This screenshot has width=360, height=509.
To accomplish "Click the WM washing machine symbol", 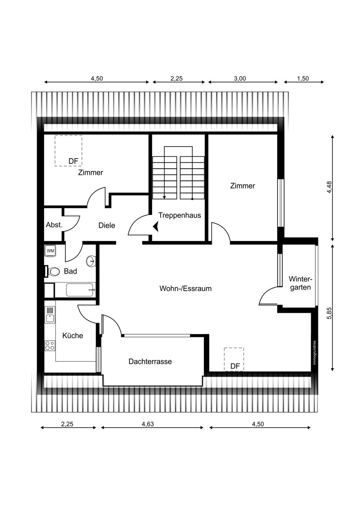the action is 50,251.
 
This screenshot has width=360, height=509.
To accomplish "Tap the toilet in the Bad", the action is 53,271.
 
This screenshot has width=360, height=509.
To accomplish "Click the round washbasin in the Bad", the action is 91,261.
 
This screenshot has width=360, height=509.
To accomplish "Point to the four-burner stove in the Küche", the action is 50,346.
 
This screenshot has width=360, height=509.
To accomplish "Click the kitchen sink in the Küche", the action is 50,315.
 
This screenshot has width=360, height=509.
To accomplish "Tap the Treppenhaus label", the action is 180,215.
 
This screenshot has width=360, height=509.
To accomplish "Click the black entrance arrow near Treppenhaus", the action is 156,227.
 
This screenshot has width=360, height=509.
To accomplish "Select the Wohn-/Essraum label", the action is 186,288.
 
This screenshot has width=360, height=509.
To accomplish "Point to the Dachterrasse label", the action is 150,361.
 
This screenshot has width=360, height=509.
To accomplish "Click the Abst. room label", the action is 54,225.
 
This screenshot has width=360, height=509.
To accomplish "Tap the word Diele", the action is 107,225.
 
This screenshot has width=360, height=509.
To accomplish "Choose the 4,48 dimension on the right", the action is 329,187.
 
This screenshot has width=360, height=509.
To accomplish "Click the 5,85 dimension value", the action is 329,313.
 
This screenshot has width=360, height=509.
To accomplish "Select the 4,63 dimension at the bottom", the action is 148,424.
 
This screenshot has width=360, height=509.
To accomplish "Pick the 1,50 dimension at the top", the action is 303,78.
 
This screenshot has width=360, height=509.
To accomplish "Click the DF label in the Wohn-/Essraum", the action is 235,366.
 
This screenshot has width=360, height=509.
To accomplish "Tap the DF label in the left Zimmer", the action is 73,161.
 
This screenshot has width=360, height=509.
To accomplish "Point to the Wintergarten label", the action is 301,283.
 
